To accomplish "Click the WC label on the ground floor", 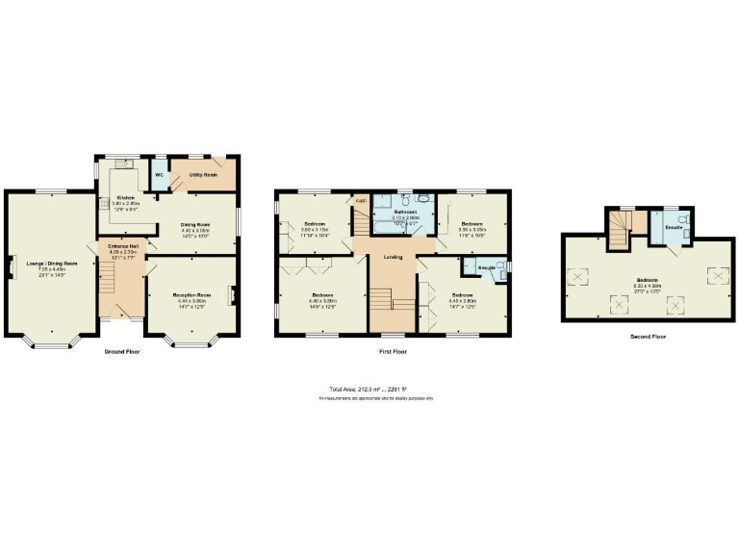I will [x=159, y=175].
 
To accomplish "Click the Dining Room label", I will [x=196, y=225].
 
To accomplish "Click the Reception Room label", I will [x=191, y=294].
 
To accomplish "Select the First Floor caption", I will [x=393, y=352].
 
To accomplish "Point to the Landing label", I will [x=393, y=257].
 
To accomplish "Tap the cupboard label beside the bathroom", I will [x=361, y=200].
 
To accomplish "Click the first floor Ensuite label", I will [x=488, y=266].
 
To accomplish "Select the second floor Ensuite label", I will [x=674, y=227].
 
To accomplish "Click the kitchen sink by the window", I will [x=123, y=164].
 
